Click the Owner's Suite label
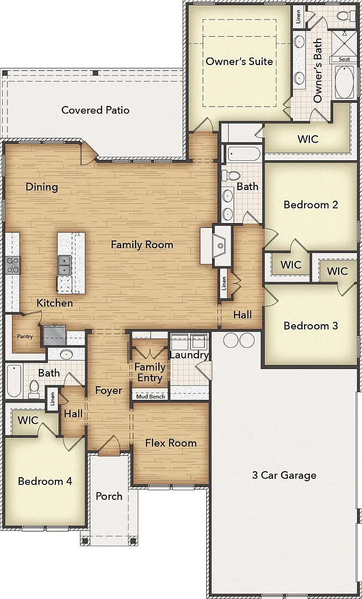[239, 61]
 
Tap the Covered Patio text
[95, 110]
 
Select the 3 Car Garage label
[284, 475]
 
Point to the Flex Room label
[171, 443]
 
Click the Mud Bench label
[150, 397]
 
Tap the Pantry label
[25, 337]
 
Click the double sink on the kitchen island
[64, 265]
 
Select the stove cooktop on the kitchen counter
[13, 265]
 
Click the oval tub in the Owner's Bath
[344, 82]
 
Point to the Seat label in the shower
[344, 59]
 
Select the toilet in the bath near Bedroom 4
[34, 388]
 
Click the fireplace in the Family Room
[221, 246]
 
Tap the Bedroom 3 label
[311, 326]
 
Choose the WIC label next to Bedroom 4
[28, 421]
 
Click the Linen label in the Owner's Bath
[298, 15]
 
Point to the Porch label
[109, 496]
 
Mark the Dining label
[42, 187]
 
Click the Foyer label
[109, 391]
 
